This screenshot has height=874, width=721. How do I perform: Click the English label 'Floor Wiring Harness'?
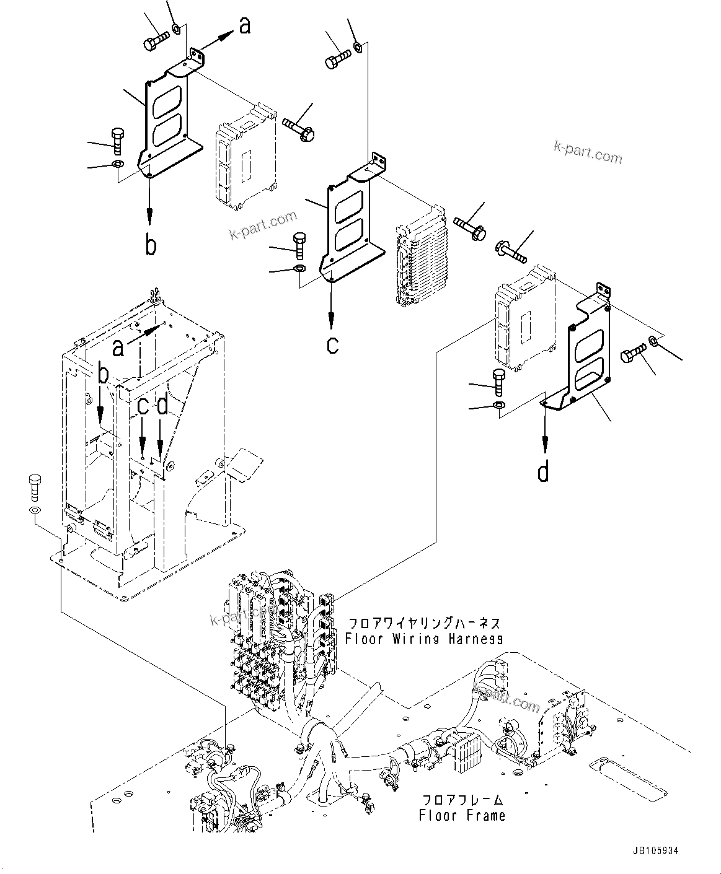(x=424, y=638)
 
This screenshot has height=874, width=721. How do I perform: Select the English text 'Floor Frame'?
(x=462, y=815)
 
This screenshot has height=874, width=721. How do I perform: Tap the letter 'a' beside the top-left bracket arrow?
(x=245, y=26)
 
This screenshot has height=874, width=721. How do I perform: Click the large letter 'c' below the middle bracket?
(x=332, y=344)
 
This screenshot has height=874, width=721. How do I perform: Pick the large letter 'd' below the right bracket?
(x=544, y=472)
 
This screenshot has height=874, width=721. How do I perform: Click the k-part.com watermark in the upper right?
(x=588, y=152)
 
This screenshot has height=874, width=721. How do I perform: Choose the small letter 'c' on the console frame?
(x=143, y=406)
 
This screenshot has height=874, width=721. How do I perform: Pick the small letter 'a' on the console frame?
(x=118, y=349)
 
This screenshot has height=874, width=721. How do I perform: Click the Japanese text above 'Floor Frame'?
(x=462, y=800)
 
